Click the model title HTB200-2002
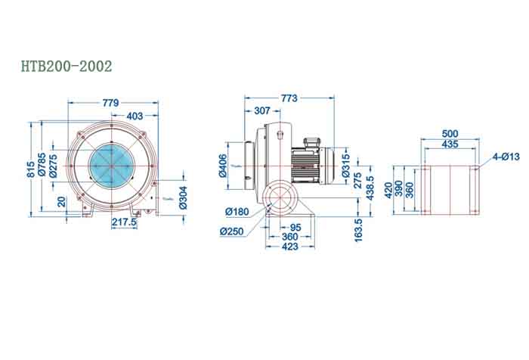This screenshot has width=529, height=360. pos(67,67)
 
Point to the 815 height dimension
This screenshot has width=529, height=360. pos(32,167)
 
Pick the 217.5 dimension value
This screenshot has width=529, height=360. pos(123,223)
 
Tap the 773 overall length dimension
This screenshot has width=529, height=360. pos(288,98)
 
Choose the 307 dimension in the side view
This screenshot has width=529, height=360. pos(261,110)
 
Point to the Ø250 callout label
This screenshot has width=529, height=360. pos(231,231)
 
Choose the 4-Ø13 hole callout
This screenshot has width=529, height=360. pos(506,157)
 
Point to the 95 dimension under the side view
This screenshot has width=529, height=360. pos(295,228)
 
